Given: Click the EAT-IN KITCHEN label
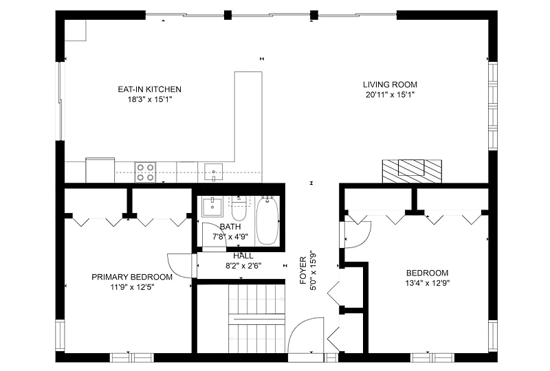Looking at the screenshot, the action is (149, 89).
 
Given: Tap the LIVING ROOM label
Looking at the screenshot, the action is (390, 85).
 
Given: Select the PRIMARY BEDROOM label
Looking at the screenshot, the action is (132, 277).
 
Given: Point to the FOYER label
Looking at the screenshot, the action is (303, 271).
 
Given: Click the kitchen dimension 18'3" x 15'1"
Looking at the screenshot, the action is (150, 100).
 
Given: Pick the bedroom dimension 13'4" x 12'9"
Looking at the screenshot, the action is (427, 283).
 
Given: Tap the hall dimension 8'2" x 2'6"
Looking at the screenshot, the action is (243, 266).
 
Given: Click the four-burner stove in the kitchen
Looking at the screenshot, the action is (146, 172).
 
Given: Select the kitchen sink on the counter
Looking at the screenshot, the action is (213, 172).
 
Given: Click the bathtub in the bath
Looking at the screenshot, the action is (267, 221).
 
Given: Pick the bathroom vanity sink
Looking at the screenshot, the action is (212, 207).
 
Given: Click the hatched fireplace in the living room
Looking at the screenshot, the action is (412, 171).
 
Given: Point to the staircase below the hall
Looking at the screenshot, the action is (256, 318).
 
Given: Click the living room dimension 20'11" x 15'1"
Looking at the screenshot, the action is (390, 95).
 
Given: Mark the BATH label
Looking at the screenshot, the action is (230, 227).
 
